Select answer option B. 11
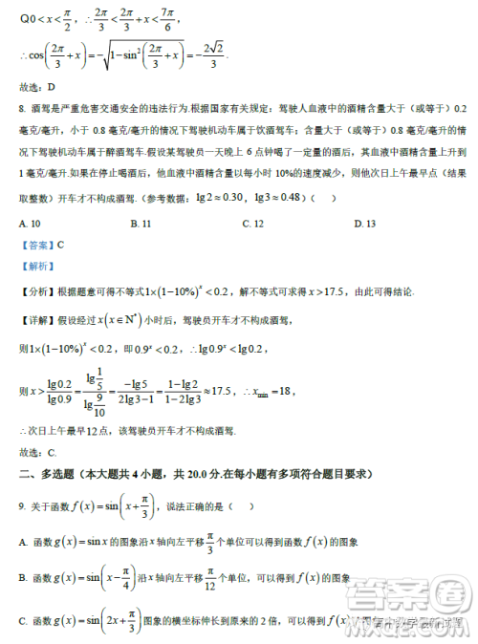coord(140,224)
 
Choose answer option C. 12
coord(252,224)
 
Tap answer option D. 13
coord(365,224)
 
